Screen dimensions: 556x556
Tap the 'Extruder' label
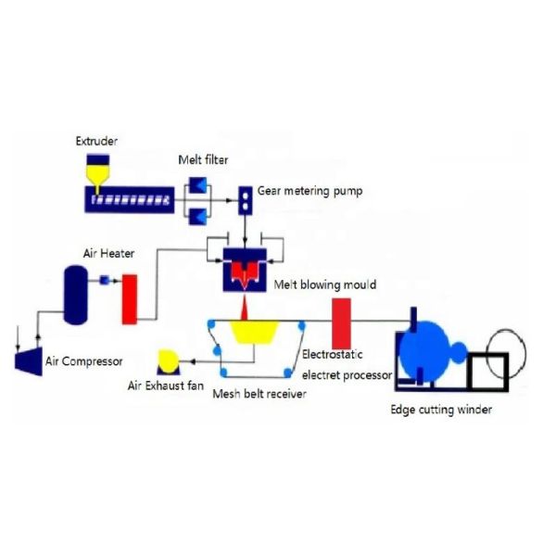click(96, 142)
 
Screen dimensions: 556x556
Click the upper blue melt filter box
click(198, 183)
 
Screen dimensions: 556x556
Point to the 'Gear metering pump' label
click(310, 192)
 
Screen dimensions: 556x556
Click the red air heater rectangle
click(130, 299)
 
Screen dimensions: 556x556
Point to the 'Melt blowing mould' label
click(324, 284)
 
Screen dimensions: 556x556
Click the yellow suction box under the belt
click(245, 332)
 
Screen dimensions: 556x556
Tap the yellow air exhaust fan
click(169, 360)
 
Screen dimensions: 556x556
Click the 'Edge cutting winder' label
click(440, 409)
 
